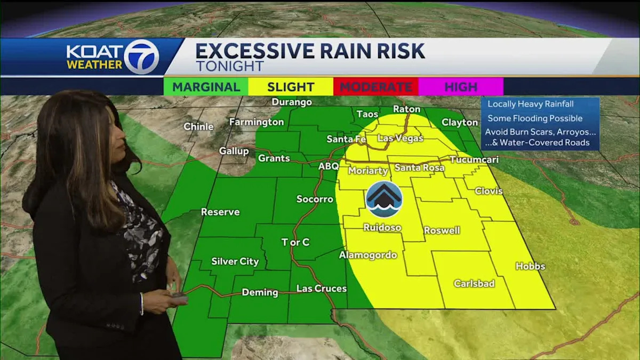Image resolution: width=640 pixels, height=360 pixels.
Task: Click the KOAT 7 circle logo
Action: pos(141,57)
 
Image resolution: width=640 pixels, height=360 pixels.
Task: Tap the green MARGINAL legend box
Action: pos(206,86)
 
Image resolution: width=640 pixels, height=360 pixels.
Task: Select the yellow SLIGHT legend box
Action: pos(291,86)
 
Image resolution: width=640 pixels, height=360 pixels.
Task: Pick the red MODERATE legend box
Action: pos(376,86)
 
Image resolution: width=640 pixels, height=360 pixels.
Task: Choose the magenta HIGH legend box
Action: pos(461,86)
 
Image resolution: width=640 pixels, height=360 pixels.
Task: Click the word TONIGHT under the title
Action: pos(229,66)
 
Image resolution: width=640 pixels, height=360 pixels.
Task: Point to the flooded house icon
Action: pos(384,199)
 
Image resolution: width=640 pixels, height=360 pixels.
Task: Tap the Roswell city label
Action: pos(442,230)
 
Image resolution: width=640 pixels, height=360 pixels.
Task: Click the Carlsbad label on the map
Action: pos(474,283)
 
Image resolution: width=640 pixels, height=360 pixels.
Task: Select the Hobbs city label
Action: pos(530,266)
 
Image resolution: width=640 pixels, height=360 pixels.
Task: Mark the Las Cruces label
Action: pos(321,289)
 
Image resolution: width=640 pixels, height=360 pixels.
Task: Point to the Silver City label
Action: pos(235,261)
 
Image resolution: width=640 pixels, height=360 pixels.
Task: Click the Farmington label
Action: pos(257,122)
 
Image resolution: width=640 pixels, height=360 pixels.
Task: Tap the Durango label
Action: pos(292,102)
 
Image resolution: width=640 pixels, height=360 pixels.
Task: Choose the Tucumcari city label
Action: pos(474,159)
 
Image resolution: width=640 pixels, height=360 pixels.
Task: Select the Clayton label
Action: pos(460,122)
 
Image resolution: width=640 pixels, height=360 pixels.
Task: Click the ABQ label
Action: pos(329,166)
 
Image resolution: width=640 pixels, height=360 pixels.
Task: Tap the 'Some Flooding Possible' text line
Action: pos(535,118)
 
